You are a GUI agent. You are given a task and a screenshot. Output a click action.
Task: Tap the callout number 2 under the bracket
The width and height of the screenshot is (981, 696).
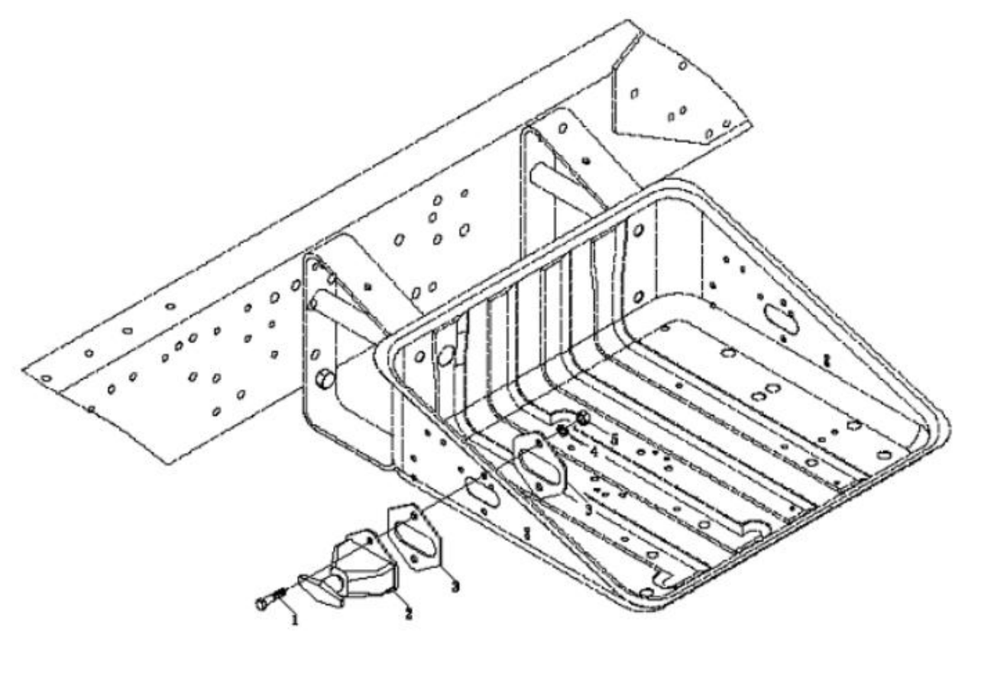pyautogui.click(x=409, y=613)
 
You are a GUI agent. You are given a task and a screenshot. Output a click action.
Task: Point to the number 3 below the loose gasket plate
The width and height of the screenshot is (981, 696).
pyautogui.click(x=455, y=587)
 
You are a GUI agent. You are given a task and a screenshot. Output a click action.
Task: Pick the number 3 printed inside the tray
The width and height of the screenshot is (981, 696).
pyautogui.click(x=588, y=509)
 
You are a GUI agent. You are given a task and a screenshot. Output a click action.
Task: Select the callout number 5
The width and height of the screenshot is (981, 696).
pyautogui.click(x=614, y=440)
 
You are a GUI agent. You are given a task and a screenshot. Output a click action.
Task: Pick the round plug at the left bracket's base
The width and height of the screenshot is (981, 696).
pyautogui.click(x=325, y=377)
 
